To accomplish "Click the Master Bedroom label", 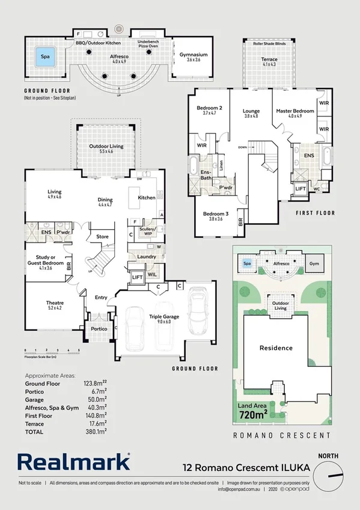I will (x=294, y=111).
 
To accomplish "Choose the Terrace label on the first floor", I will (x=269, y=60).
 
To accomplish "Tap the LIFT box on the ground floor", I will (x=136, y=277).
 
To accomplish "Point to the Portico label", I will (x=99, y=329).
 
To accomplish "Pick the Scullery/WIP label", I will (x=147, y=231).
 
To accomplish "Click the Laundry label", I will (x=146, y=257).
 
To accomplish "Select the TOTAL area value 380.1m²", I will (x=96, y=432).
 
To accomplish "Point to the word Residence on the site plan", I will (x=276, y=348).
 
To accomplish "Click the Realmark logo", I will (x=73, y=462).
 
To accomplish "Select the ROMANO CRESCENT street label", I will (x=281, y=435).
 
